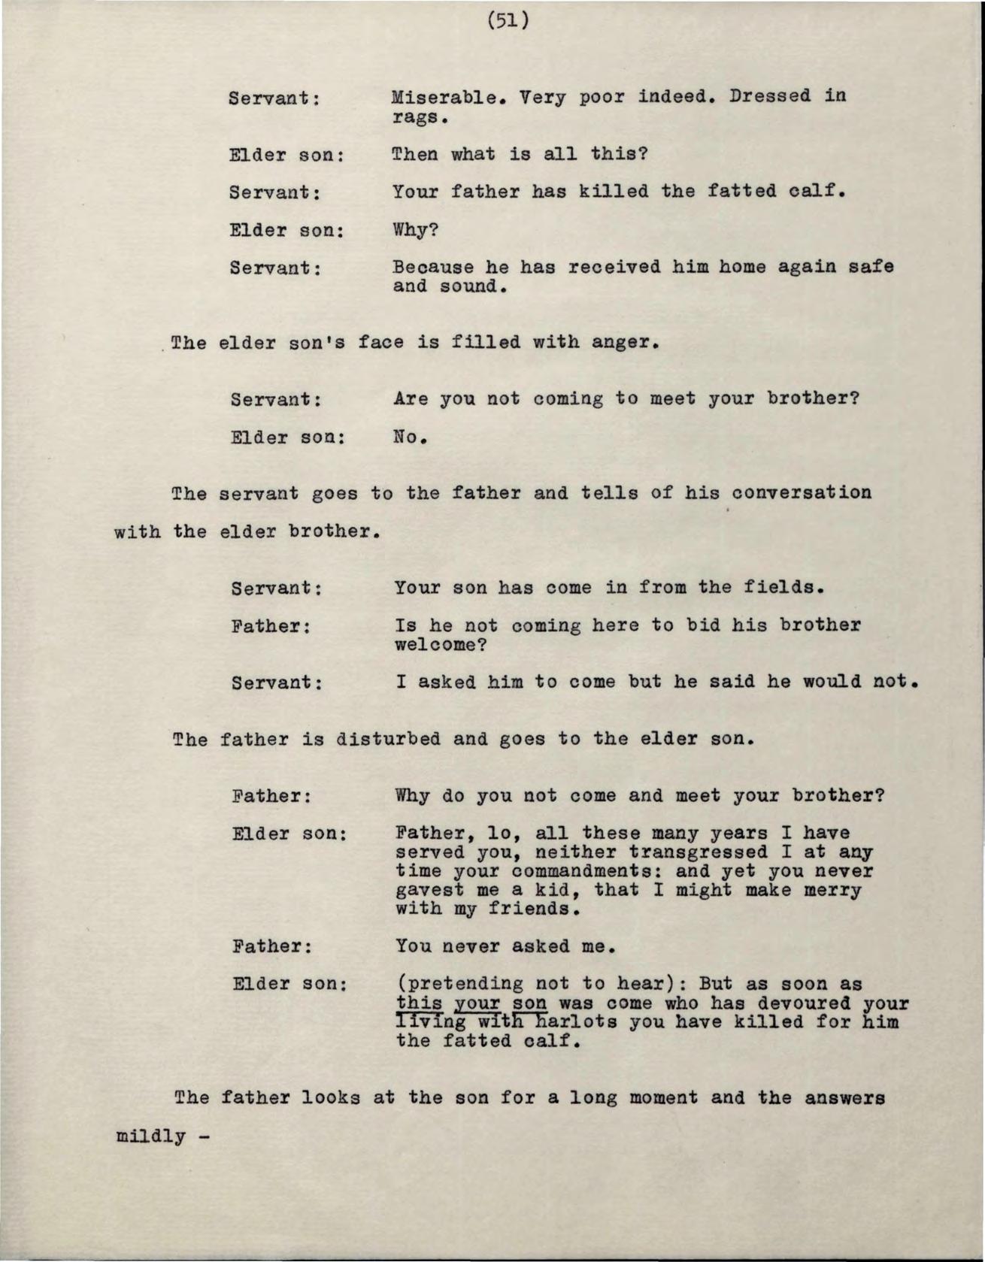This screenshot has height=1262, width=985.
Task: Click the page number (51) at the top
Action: click(x=508, y=20)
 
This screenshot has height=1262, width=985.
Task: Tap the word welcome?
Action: click(x=442, y=645)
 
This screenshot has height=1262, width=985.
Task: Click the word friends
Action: click(x=535, y=909)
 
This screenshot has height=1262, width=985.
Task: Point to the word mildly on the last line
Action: click(x=150, y=1136)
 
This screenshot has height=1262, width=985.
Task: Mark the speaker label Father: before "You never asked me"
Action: click(x=271, y=946)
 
